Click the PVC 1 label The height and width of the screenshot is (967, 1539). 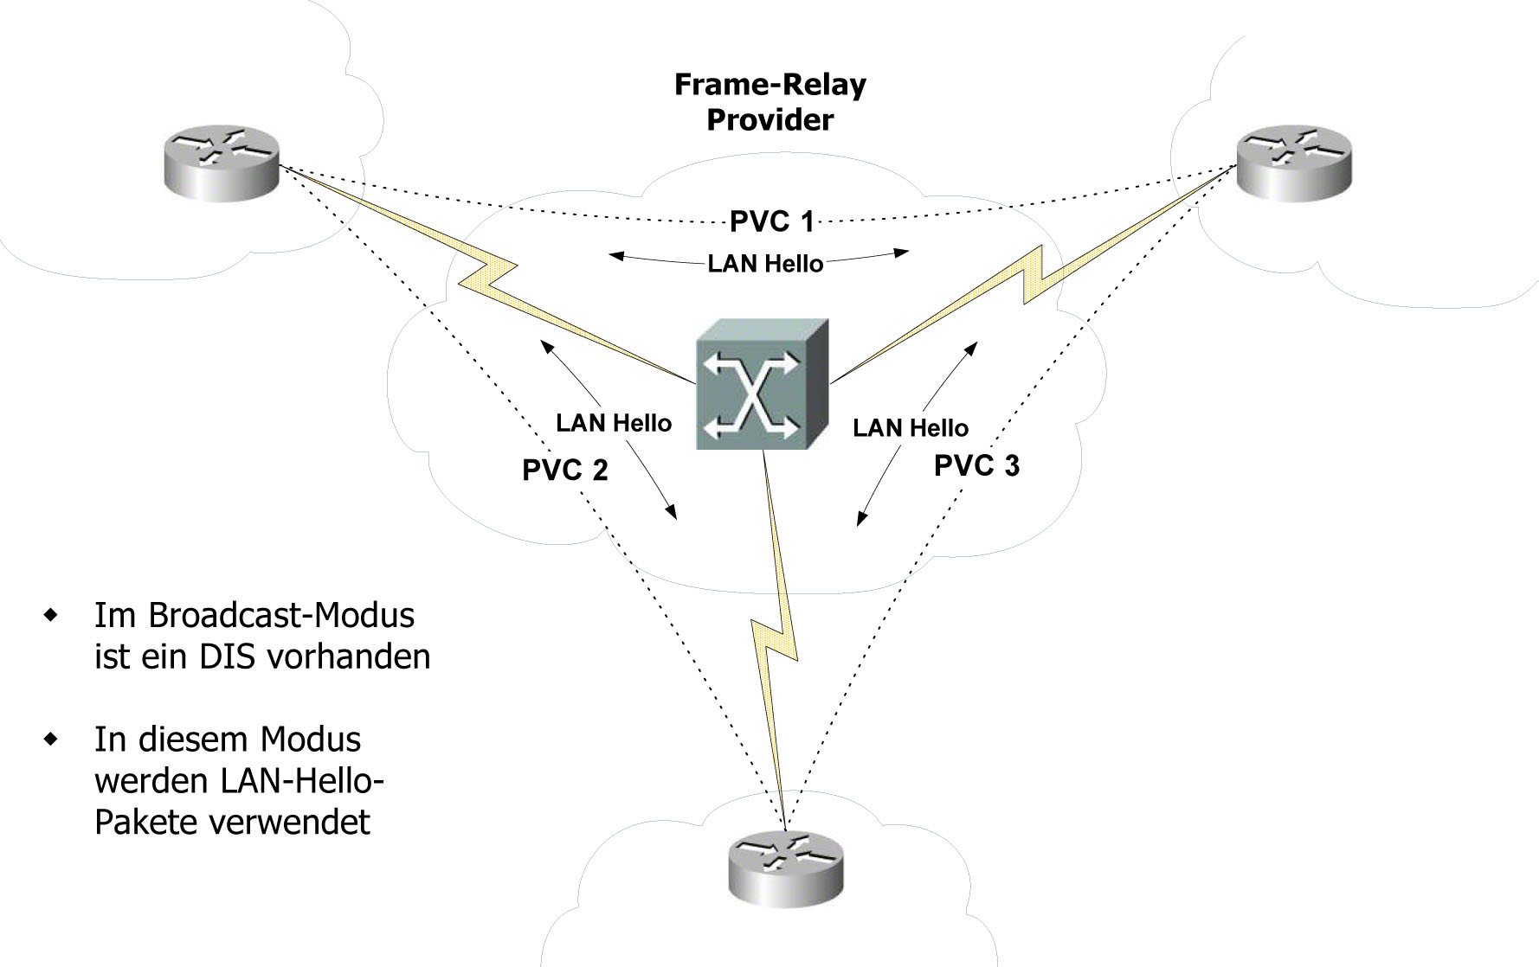[771, 221]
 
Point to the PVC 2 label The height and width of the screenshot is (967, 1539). [564, 470]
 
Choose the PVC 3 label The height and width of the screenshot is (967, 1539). [976, 465]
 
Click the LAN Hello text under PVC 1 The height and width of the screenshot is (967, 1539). [765, 263]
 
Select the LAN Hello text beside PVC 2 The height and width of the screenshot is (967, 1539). [614, 423]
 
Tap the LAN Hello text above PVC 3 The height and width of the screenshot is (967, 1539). [911, 427]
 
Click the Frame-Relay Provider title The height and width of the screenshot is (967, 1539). [769, 102]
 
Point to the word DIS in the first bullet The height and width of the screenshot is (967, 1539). [227, 656]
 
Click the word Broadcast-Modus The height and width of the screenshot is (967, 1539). [281, 615]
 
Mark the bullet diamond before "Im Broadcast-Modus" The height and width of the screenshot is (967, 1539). [54, 616]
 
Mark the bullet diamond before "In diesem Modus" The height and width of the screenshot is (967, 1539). [54, 740]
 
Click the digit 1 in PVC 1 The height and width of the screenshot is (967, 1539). [807, 221]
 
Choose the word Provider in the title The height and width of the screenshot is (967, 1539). [769, 119]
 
